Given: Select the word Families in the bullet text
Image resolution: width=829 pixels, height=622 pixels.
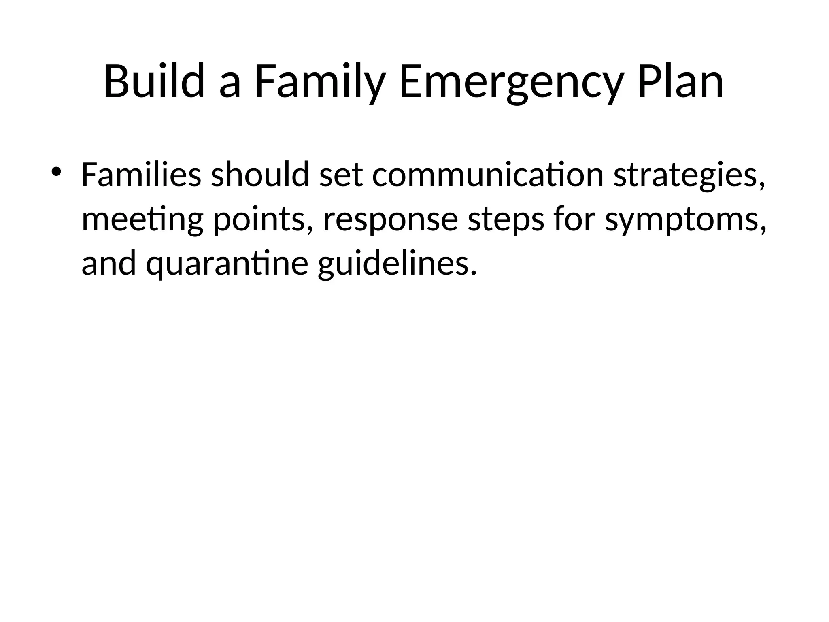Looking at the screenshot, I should point(141,175).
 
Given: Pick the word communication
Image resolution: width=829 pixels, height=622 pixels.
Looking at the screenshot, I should point(488,175).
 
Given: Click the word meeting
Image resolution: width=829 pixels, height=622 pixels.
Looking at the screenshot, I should point(142,220).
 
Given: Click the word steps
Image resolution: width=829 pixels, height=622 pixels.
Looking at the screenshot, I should point(506,220).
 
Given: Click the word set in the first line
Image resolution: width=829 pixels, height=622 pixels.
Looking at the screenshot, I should point(341,175).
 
